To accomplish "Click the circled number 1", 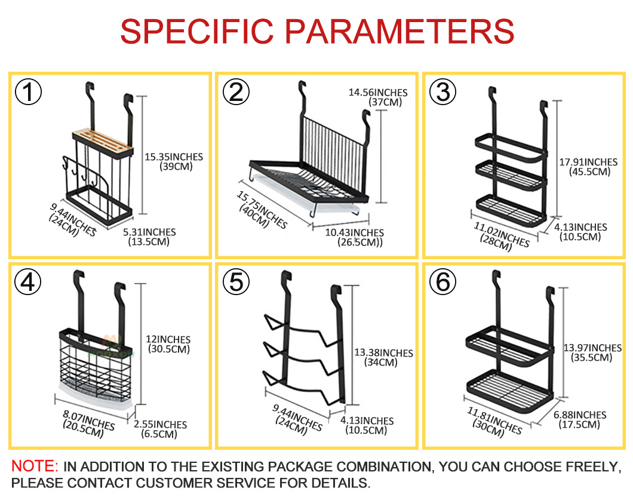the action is (x=28, y=91).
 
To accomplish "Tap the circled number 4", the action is (x=28, y=281).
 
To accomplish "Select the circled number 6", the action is (x=443, y=281).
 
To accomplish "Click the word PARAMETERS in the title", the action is (x=400, y=31).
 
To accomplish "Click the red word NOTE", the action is (x=35, y=466).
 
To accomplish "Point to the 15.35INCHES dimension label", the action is (x=174, y=157).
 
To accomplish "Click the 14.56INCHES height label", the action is (x=378, y=93).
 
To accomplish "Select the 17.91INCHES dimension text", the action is (x=588, y=162).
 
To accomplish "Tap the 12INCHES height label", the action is (x=168, y=339).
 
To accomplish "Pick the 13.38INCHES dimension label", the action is (x=383, y=353).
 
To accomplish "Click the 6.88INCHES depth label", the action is (x=580, y=415).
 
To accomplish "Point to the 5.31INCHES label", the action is (x=149, y=232).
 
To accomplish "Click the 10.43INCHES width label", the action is (x=355, y=232).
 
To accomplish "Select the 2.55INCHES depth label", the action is (x=160, y=424).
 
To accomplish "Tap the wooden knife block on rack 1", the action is (x=103, y=142).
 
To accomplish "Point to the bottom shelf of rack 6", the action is (x=509, y=391).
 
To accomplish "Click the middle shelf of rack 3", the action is (x=511, y=176).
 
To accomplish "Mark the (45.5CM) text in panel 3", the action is (x=589, y=171).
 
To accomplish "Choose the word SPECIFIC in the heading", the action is (x=197, y=31).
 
